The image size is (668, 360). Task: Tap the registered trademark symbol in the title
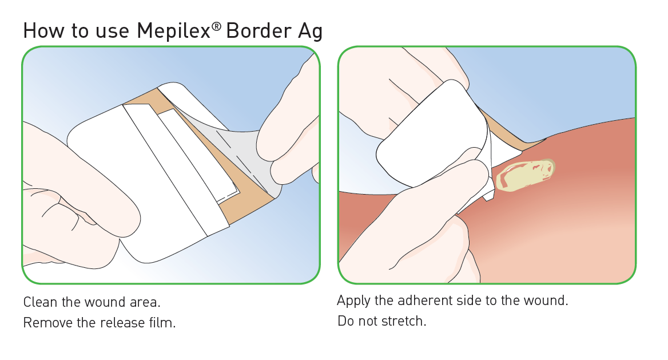coord(216,27)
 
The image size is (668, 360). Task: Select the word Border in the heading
coord(258,31)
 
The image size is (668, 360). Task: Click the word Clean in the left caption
coord(40,302)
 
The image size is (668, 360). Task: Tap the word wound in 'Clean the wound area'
coord(105,302)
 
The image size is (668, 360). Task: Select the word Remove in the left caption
coord(47,322)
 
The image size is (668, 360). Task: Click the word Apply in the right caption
coord(353,301)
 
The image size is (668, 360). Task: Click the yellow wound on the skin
coord(525,175)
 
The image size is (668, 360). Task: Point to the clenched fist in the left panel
coord(77,200)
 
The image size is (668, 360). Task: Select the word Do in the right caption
coord(345,321)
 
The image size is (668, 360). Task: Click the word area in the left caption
coord(145,302)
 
